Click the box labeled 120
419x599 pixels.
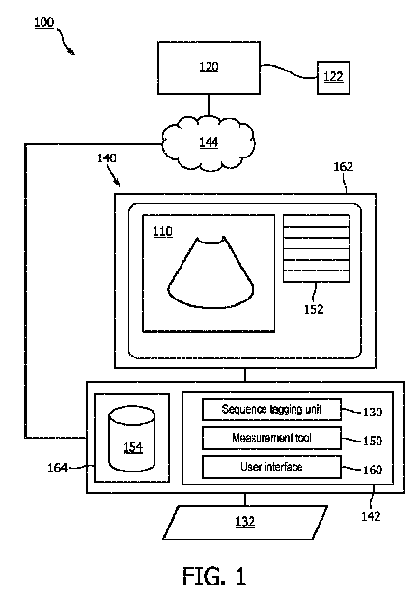pyautogui.click(x=209, y=68)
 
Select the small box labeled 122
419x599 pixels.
pyautogui.click(x=333, y=77)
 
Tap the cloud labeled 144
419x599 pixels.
pyautogui.click(x=209, y=142)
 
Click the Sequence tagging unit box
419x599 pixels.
pyautogui.click(x=271, y=410)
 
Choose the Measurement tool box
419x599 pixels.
pyautogui.click(x=271, y=438)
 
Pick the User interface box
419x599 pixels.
pyautogui.click(x=271, y=467)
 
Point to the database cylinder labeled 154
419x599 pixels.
pyautogui.click(x=132, y=440)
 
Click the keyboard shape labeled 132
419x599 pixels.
pyautogui.click(x=245, y=523)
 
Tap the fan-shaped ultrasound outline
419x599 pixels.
pyautogui.click(x=210, y=272)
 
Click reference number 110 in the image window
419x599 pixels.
pyautogui.click(x=162, y=232)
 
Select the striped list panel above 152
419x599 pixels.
pyautogui.click(x=317, y=248)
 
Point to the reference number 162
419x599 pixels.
pyautogui.click(x=344, y=167)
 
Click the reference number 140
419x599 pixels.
pyautogui.click(x=107, y=157)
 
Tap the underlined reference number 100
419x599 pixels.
pyautogui.click(x=43, y=22)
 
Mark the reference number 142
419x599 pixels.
pyautogui.click(x=371, y=517)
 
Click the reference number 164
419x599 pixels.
pyautogui.click(x=57, y=468)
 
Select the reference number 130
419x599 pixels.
pyautogui.click(x=373, y=413)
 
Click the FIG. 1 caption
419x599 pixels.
pyautogui.click(x=214, y=576)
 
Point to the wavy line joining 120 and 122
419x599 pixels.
pyautogui.click(x=289, y=71)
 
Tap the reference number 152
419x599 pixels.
pyautogui.click(x=314, y=309)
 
